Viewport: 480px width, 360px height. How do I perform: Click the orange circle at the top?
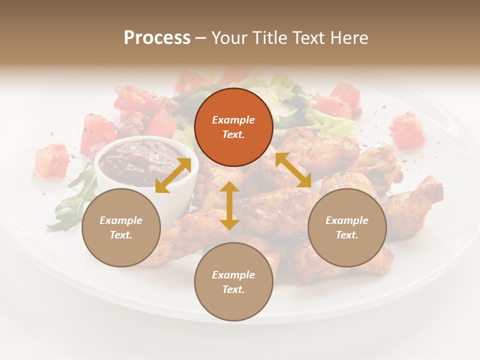233,127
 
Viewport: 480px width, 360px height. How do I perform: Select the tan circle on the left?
121,227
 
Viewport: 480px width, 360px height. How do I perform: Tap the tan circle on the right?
347,227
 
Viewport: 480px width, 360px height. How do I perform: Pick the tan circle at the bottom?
233,281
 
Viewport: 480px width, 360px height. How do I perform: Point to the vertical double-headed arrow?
229,205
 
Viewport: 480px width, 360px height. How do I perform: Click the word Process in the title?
157,37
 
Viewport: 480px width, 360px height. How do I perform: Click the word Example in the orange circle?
233,120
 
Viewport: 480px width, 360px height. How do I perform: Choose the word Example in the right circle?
347,220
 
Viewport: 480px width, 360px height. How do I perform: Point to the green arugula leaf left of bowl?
75,200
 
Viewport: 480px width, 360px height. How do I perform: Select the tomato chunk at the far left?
51,161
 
